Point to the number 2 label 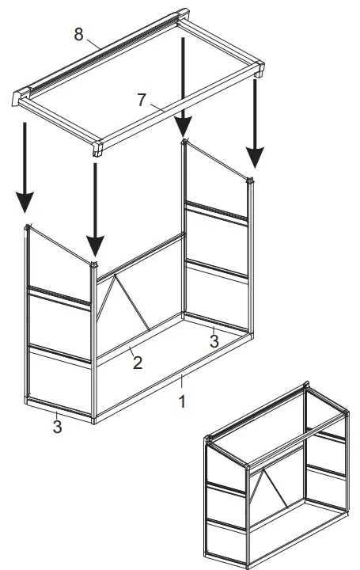click(137, 363)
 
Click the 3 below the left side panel click(57, 427)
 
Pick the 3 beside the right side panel click(214, 340)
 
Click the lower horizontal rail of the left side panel click(59, 354)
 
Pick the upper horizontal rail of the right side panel click(216, 213)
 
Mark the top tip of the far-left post click(28, 227)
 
